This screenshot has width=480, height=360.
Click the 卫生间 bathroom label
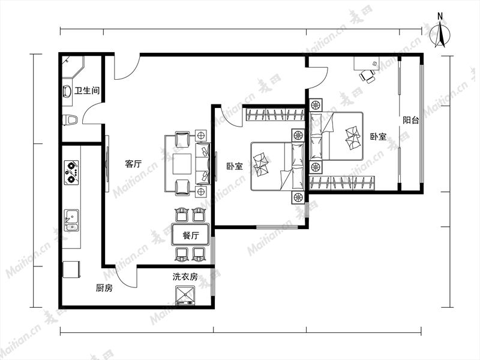[87, 91]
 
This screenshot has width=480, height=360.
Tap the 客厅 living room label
[133, 163]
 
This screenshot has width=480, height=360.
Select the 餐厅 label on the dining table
[190, 235]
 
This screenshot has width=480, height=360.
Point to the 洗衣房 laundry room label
[185, 277]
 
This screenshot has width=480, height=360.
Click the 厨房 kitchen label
[104, 288]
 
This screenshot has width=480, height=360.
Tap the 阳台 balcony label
[410, 120]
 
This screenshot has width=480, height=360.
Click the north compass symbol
[440, 32]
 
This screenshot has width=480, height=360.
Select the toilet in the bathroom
[70, 119]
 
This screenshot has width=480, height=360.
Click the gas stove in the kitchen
[71, 172]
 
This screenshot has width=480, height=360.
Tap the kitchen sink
[71, 220]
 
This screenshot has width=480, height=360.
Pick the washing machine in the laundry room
[185, 296]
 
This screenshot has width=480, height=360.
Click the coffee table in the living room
[182, 163]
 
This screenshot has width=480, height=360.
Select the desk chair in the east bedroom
[367, 76]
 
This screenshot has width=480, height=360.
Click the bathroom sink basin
[67, 92]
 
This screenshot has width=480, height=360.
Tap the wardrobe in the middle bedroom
[275, 115]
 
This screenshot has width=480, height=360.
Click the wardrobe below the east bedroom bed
[342, 183]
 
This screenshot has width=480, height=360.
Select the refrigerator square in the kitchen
[71, 269]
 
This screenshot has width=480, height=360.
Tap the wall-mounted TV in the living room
[107, 164]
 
